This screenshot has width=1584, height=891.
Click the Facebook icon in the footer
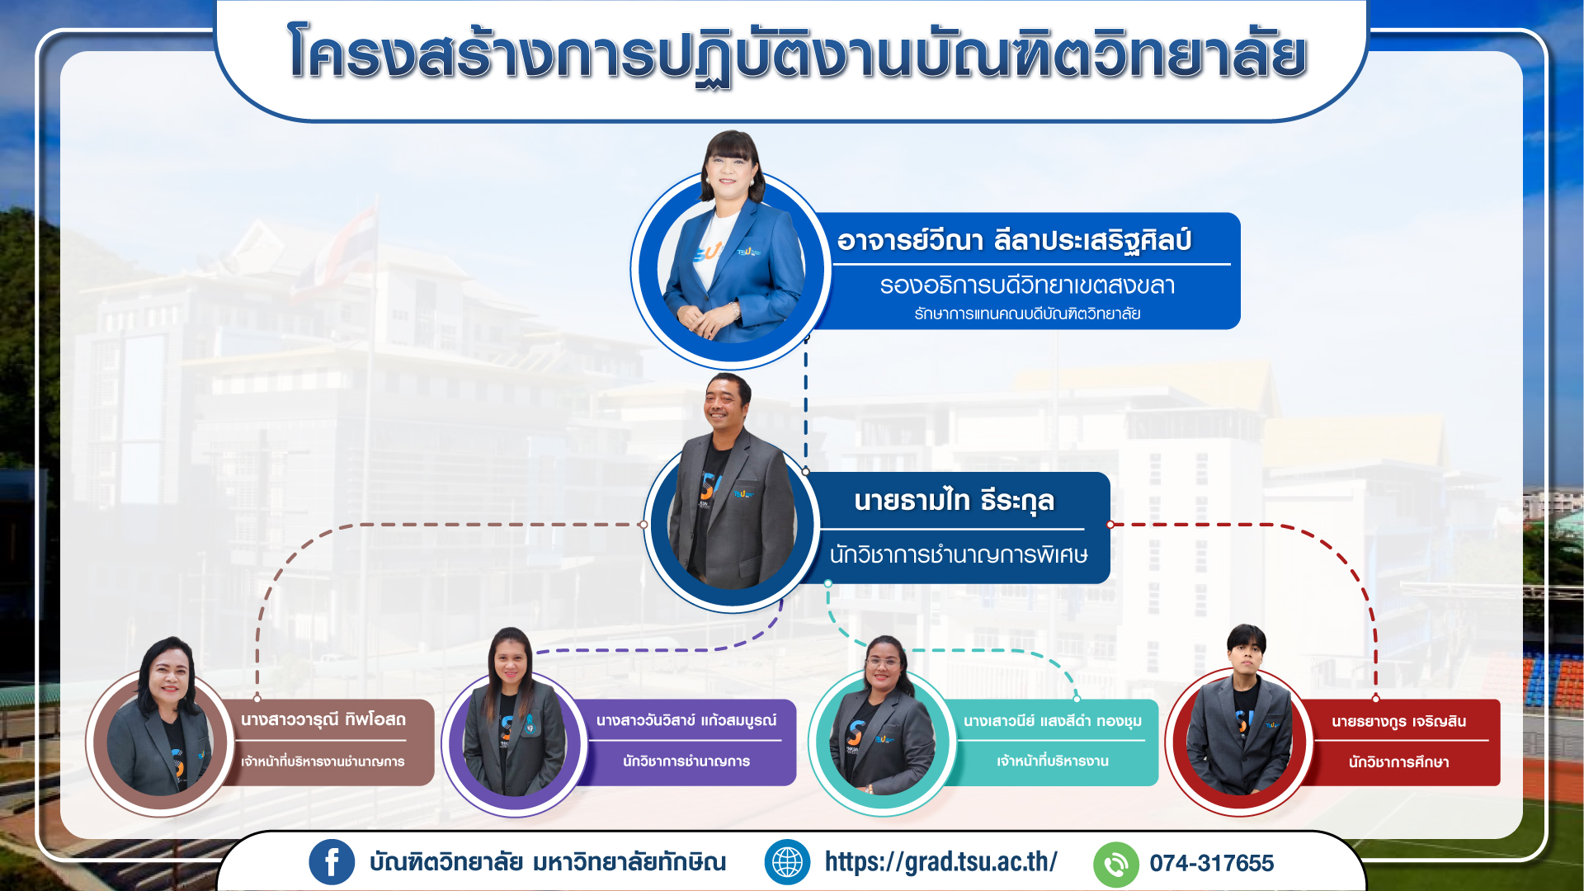[x=332, y=862]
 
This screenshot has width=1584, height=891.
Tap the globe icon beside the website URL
[x=787, y=862]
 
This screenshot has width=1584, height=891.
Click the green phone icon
[x=1115, y=864]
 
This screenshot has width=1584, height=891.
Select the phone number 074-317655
[x=1212, y=863]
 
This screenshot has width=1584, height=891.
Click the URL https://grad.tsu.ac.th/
[x=941, y=862]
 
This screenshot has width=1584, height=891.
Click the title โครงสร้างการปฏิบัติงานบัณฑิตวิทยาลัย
[x=797, y=54]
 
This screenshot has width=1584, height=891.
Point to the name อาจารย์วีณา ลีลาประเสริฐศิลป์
[x=1014, y=240]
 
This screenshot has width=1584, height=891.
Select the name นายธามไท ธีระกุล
[x=954, y=501]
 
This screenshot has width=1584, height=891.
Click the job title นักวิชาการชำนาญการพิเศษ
[x=959, y=554]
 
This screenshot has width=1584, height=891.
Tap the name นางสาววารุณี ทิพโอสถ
[x=323, y=719]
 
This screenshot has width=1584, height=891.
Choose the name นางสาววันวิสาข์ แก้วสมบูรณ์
[x=686, y=720]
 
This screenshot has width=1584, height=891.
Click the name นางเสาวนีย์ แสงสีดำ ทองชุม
[x=1053, y=721]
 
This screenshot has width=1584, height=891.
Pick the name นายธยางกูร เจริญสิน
[x=1399, y=722]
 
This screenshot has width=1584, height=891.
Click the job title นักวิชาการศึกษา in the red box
[x=1399, y=762]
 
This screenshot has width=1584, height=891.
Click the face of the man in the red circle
[x=1245, y=658]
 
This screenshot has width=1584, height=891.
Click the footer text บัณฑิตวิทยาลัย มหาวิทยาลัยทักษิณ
[x=548, y=862]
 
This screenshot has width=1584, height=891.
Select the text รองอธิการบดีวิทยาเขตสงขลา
[x=1027, y=285]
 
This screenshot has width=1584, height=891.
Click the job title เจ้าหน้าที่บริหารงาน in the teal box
[x=1053, y=761]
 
